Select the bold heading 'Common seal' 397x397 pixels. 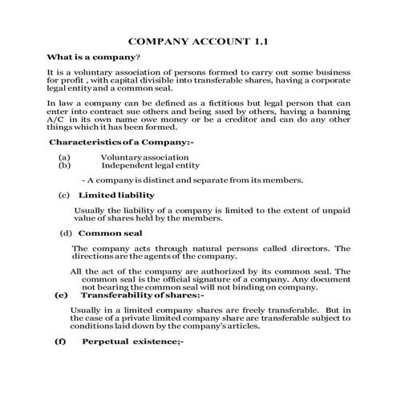[111, 233]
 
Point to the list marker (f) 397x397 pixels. [60, 342]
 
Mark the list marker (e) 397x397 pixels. [61, 295]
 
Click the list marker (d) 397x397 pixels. [67, 233]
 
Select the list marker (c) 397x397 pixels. [65, 195]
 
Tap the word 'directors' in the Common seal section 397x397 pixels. [310, 248]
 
